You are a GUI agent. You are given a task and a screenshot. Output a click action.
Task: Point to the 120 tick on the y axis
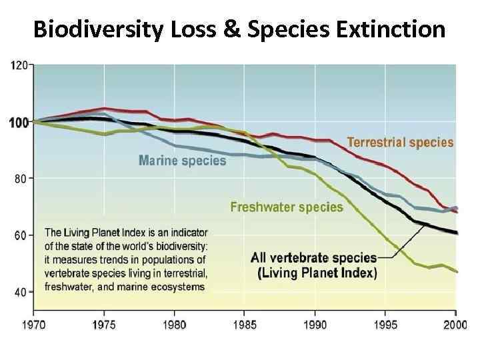19,65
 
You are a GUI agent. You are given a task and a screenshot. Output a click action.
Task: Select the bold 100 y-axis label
18,122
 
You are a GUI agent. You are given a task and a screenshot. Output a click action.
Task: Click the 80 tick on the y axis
21,179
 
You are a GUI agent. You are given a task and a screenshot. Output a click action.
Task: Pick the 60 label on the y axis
21,235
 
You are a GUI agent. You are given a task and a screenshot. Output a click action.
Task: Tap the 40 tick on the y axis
21,292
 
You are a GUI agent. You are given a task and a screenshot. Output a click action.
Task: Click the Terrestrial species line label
400,142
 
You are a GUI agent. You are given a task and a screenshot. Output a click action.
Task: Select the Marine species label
182,161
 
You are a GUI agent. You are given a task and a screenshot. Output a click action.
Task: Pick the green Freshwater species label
287,207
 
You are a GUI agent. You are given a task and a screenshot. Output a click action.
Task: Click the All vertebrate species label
314,257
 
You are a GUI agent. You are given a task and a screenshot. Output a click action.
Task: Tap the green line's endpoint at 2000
456,271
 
